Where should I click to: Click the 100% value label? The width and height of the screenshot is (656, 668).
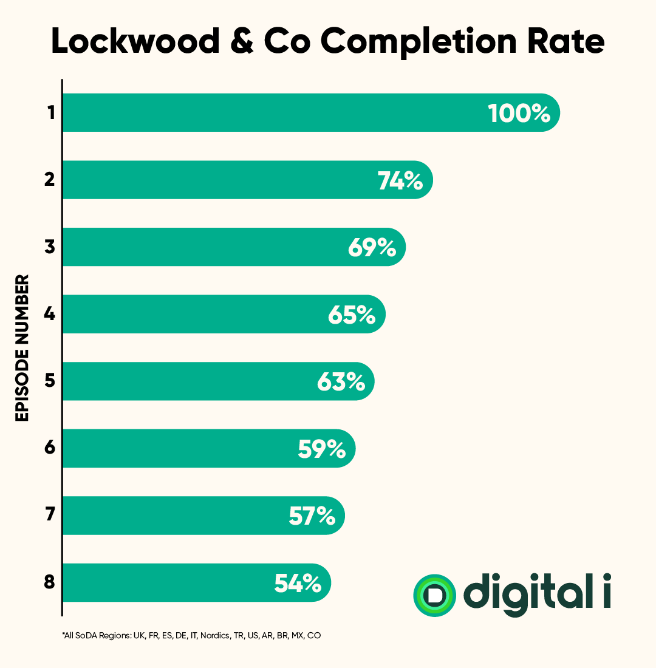pos(519,113)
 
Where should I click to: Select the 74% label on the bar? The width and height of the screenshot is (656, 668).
pos(400,180)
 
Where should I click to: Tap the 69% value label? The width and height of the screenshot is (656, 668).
pos(372,248)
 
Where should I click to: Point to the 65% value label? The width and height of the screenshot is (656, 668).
pos(352,315)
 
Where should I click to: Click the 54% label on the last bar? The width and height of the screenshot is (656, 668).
pos(297,584)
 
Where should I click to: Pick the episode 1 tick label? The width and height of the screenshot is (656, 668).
pos(50,113)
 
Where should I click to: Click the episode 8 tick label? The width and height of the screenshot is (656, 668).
pos(50,584)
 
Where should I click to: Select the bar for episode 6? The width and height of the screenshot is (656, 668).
pos(182,449)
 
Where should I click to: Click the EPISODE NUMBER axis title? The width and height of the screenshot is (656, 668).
pos(22,348)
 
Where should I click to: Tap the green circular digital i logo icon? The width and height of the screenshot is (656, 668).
pos(434,595)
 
